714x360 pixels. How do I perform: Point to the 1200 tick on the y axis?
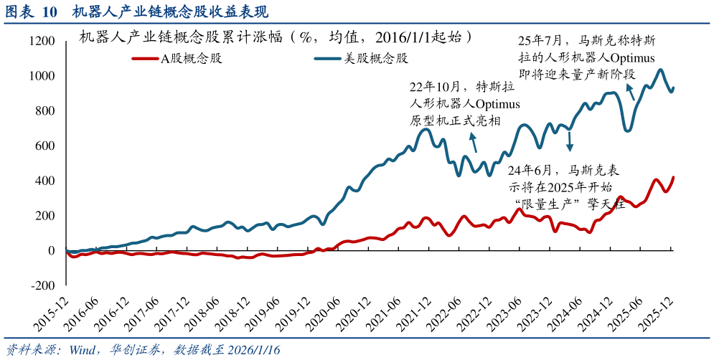click(x=41, y=42)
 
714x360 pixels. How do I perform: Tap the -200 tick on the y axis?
click(x=41, y=285)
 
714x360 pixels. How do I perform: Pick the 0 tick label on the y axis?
click(x=51, y=251)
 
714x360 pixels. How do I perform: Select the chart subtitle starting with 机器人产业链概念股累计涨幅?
click(x=276, y=37)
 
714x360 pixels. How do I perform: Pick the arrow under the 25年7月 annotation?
click(x=630, y=92)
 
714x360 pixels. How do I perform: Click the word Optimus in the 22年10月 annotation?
click(x=498, y=104)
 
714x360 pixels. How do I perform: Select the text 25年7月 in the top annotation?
click(x=540, y=41)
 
